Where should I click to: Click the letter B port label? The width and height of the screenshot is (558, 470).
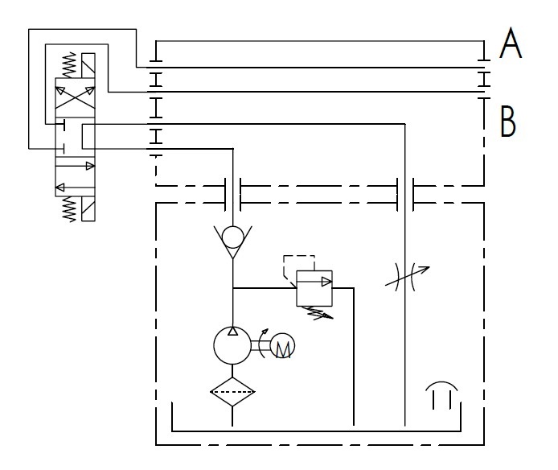click(508, 122)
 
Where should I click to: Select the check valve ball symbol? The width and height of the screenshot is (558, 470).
click(232, 237)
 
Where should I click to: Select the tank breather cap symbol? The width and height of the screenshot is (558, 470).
click(443, 397)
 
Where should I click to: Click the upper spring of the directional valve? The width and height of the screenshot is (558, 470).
click(69, 65)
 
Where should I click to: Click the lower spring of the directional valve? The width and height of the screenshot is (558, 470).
click(69, 208)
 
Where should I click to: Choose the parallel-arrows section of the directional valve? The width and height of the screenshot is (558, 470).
click(76, 178)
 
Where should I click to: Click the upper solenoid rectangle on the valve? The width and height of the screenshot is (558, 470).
click(90, 65)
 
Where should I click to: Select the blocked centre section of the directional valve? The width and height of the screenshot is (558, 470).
click(76, 139)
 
